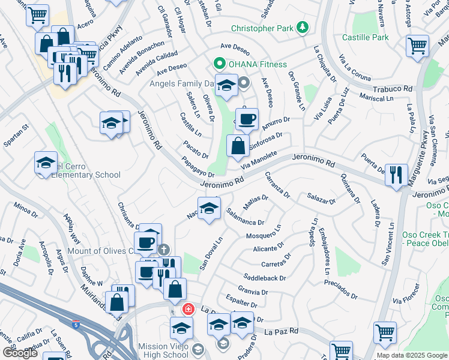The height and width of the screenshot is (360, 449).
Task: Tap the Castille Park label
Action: pyautogui.click(x=366, y=37)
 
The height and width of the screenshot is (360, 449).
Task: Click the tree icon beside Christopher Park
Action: pyautogui.click(x=304, y=28)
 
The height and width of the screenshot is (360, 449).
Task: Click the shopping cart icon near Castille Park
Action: pyautogui.click(x=418, y=46)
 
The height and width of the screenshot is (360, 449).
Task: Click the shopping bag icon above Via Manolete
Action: pyautogui.click(x=238, y=145)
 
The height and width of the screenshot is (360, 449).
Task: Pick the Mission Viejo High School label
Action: pyautogui.click(x=163, y=350)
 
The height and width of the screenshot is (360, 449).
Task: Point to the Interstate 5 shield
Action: pyautogui.click(x=76, y=325)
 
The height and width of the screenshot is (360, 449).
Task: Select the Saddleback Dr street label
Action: pyautogui.click(x=265, y=278)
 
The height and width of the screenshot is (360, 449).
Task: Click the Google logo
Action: pyautogui.click(x=20, y=352)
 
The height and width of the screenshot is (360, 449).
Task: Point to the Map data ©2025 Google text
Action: pyautogui.click(x=411, y=355)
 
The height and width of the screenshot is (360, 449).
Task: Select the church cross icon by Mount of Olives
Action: pyautogui.click(x=164, y=249)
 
